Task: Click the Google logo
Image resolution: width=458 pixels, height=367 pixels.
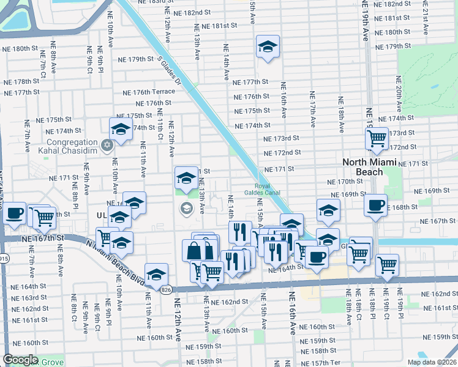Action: (x=20, y=360)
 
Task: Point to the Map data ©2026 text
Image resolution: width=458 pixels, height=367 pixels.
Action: (x=432, y=362)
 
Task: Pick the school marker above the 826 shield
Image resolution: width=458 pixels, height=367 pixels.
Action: (x=156, y=273)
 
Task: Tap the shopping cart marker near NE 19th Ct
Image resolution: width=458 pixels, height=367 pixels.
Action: (x=387, y=264)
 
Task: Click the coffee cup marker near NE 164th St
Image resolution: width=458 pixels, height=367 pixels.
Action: (x=317, y=257)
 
